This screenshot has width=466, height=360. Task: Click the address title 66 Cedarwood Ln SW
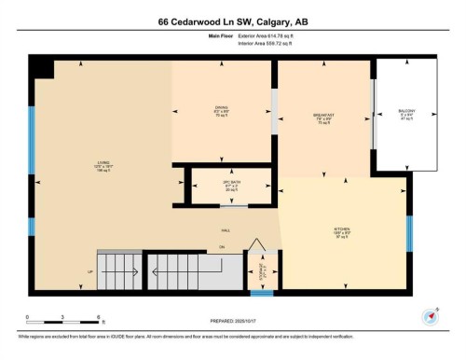click(x=232, y=21)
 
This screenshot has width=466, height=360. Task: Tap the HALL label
click(x=226, y=230)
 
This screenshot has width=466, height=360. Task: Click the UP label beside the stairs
click(x=90, y=272)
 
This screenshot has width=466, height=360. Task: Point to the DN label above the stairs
click(x=222, y=247)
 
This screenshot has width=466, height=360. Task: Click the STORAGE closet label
click(x=263, y=273)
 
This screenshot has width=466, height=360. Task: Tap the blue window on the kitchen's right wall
click(x=409, y=234)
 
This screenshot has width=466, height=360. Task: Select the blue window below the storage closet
click(x=262, y=293)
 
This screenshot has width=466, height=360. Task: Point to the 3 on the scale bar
click(x=62, y=317)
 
